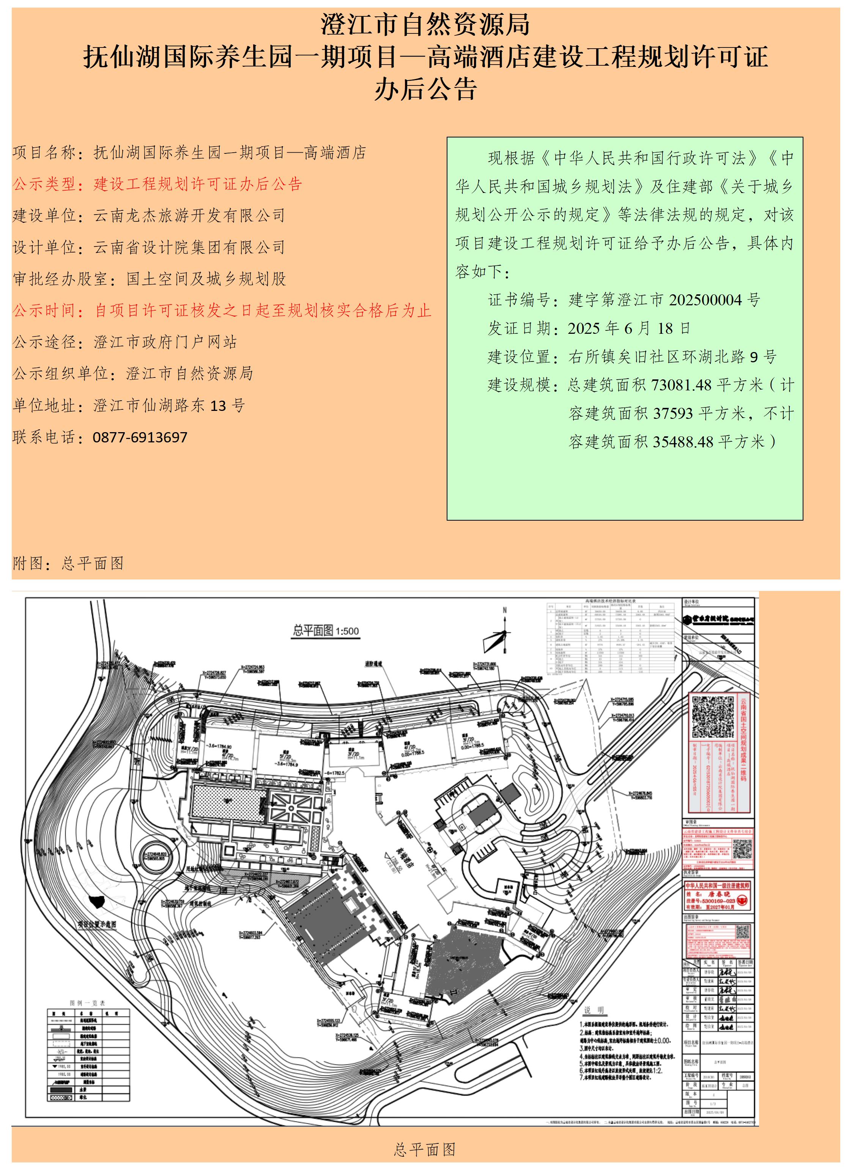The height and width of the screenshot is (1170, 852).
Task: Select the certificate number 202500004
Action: point(707,300)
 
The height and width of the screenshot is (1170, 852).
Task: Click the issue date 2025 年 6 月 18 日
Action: point(629,328)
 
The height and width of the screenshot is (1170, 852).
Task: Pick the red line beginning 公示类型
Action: point(157,184)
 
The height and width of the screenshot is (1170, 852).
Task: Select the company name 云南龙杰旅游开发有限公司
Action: point(189,216)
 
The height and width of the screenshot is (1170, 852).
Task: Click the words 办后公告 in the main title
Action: point(425,89)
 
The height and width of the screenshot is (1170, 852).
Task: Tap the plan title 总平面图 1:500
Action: point(326,631)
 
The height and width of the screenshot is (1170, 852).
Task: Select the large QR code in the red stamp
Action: point(713,717)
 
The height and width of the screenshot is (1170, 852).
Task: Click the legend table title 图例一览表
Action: point(88,1003)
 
